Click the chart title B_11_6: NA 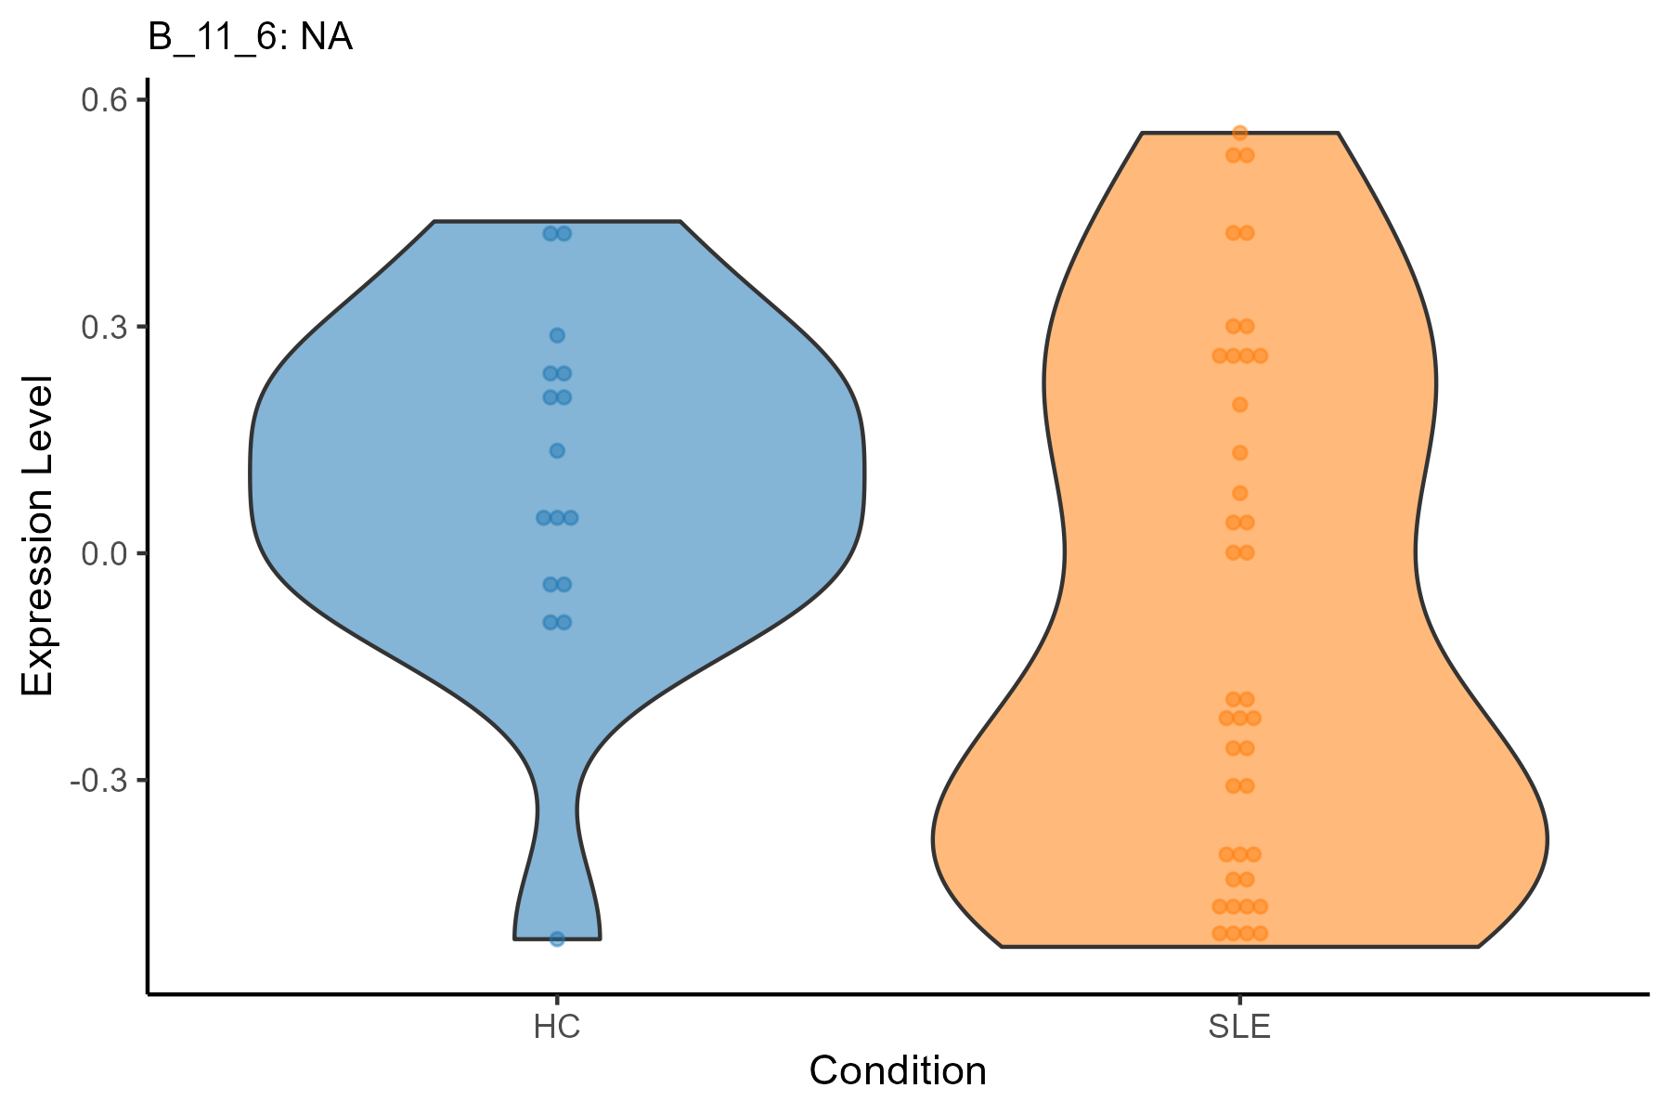(x=250, y=38)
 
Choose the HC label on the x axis (x=557, y=1028)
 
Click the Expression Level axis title (x=38, y=537)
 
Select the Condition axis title (x=898, y=1071)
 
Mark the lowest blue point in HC (x=557, y=939)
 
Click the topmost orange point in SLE (x=1239, y=133)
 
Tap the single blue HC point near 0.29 (x=557, y=335)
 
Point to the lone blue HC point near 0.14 (x=557, y=451)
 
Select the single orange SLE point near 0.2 (x=1239, y=405)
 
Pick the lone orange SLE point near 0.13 (x=1239, y=453)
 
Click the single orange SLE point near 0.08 (x=1239, y=493)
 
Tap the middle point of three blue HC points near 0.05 (x=557, y=517)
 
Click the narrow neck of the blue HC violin (x=557, y=808)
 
